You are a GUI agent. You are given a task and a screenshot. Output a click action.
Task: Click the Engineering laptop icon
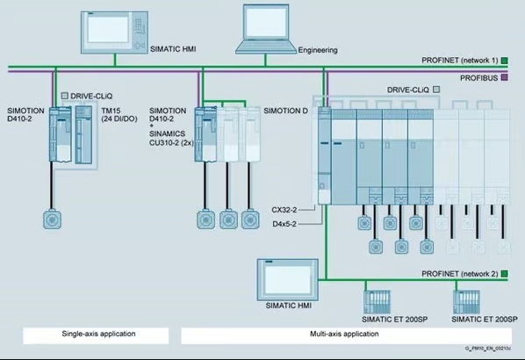[x=266, y=29]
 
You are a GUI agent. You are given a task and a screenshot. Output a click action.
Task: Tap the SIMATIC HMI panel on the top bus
[x=114, y=32]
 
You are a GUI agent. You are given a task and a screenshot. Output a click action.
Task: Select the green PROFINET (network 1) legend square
[x=504, y=61]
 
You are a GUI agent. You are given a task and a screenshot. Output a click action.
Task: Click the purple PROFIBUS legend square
[x=504, y=77]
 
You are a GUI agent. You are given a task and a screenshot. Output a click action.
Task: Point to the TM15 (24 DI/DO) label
[x=119, y=115]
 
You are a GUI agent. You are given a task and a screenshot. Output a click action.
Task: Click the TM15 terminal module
[x=83, y=134]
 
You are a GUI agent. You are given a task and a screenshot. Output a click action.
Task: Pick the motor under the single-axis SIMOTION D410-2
[x=52, y=220]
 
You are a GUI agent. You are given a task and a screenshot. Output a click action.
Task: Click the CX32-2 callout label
[x=284, y=210]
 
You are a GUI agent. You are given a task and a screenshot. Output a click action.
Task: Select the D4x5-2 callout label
[x=284, y=224]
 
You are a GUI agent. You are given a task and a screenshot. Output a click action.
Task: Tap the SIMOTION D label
[x=285, y=111]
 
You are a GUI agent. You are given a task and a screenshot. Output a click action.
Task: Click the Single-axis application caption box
[x=96, y=335]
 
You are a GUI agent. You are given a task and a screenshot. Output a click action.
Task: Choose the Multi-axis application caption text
[x=344, y=334]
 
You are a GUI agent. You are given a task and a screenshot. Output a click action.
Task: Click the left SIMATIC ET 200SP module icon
[x=377, y=302]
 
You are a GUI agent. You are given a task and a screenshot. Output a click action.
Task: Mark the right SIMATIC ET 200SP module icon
[x=466, y=302]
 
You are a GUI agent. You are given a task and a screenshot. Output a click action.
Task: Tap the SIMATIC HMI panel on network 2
[x=288, y=280]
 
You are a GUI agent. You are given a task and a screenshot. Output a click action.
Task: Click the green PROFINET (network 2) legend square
[x=504, y=274]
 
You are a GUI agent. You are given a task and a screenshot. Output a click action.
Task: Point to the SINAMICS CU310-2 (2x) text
[x=171, y=138]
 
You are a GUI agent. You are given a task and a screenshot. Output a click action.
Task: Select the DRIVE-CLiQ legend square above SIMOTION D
[x=436, y=90]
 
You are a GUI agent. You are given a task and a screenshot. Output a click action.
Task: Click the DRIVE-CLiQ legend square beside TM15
[x=65, y=96]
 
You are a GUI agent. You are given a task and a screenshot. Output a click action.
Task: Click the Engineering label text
[x=318, y=50]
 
